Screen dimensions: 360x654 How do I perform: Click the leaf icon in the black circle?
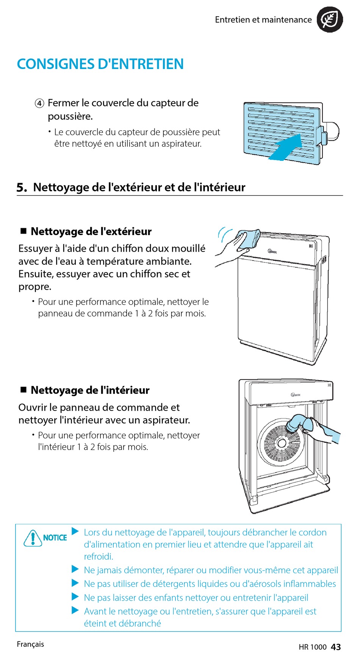(330, 19)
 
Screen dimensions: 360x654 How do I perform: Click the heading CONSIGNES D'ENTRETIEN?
(100, 64)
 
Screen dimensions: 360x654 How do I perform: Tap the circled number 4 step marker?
(39, 103)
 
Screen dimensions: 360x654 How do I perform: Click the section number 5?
(22, 187)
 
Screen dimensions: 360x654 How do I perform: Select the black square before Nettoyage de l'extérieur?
(23, 231)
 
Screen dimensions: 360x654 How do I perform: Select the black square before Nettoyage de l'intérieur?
(23, 389)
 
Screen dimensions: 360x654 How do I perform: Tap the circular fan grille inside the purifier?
(281, 442)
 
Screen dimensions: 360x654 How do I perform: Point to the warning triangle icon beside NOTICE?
(33, 538)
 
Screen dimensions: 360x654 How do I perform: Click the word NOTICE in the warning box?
(55, 538)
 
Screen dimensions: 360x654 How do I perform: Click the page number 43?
(336, 647)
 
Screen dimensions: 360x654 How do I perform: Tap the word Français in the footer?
(30, 644)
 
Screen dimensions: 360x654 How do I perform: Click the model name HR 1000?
(313, 647)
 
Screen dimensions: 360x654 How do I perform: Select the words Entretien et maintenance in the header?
(263, 20)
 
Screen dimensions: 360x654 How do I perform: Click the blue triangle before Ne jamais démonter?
(75, 569)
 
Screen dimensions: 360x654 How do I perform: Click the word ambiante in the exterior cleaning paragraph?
(172, 261)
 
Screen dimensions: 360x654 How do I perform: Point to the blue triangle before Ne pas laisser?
(75, 597)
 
